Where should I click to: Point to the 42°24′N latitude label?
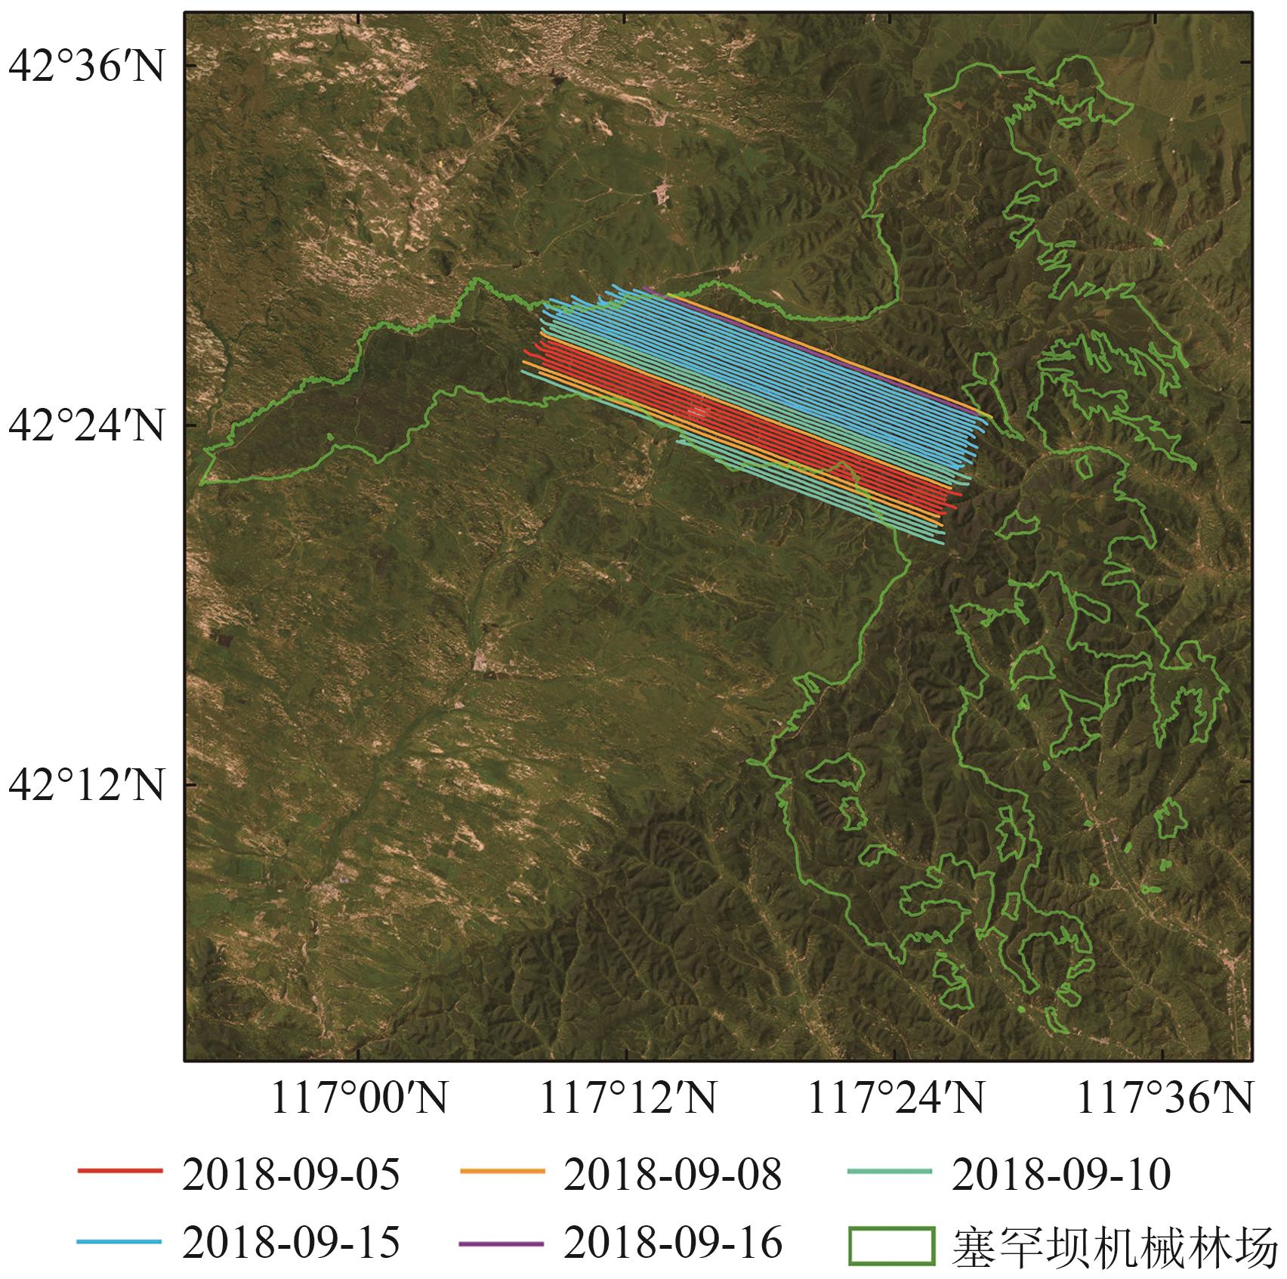click(86, 425)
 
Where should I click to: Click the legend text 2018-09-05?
click(291, 1175)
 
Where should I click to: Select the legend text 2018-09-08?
click(672, 1175)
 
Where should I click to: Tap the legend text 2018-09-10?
click(1061, 1175)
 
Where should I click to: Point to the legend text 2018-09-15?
click(291, 1243)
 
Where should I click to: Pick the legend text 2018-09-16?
click(672, 1243)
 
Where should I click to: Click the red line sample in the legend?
click(119, 1172)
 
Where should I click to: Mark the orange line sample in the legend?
click(502, 1172)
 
